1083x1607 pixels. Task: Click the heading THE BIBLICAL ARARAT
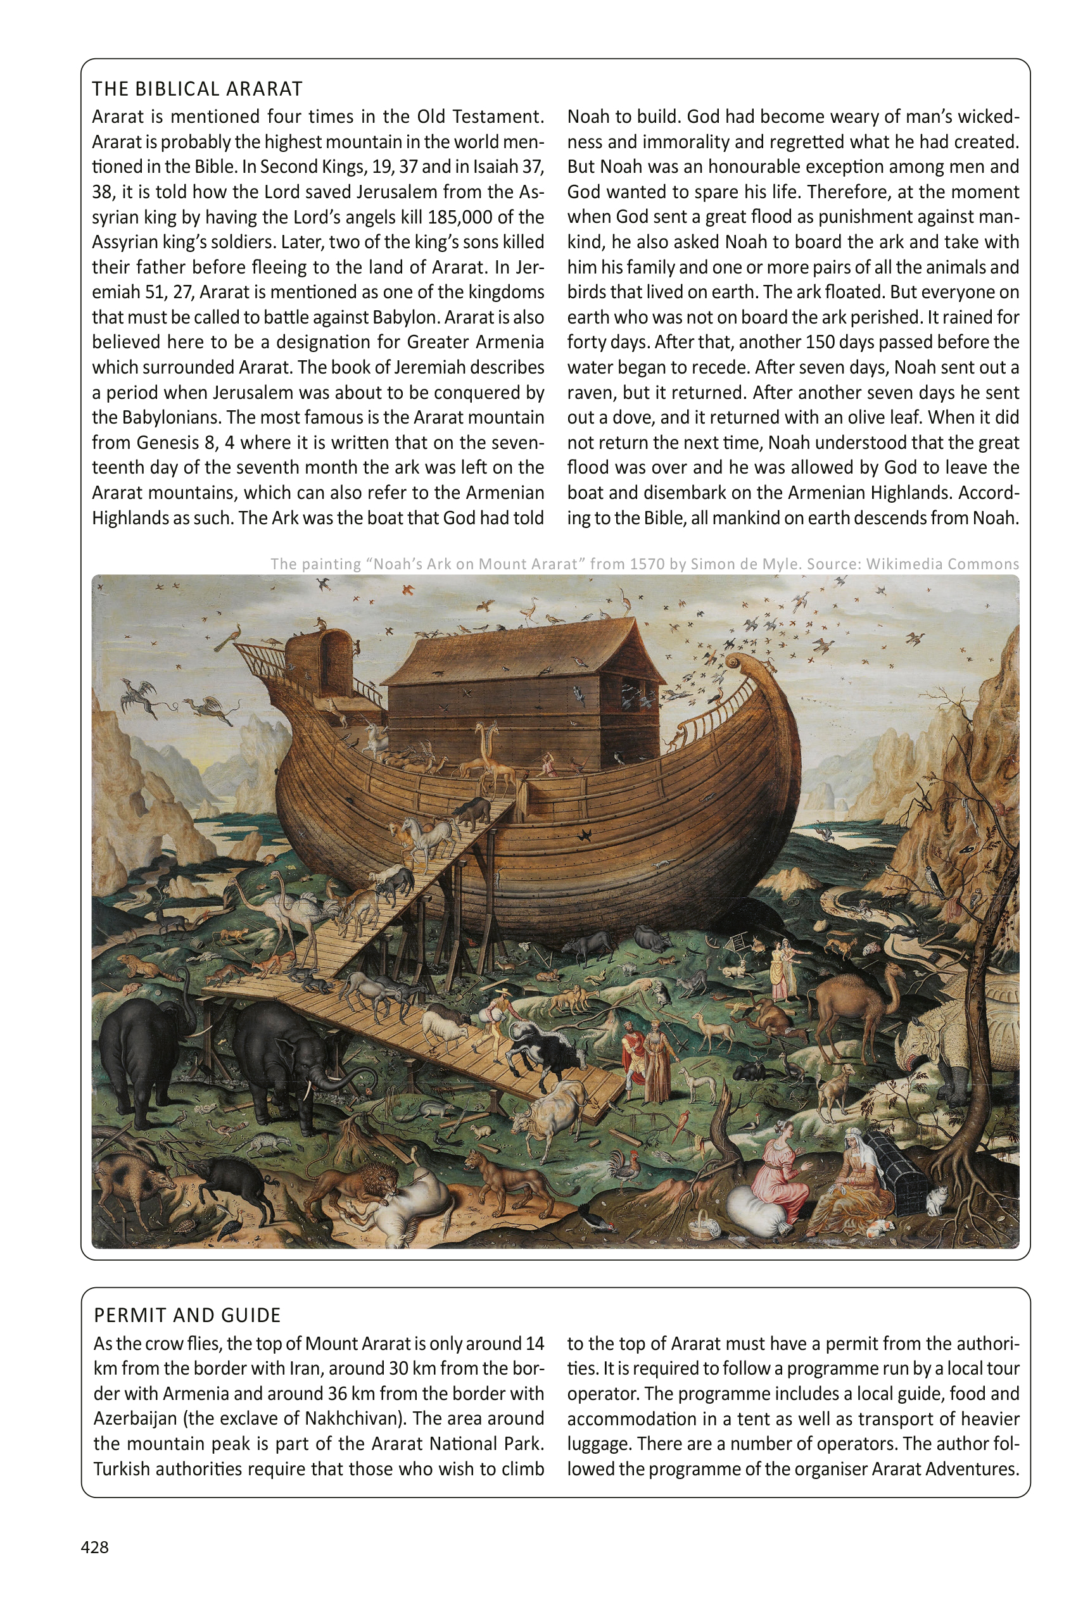tap(197, 89)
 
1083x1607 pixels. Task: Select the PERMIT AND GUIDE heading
tap(187, 1315)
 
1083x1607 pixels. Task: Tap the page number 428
tap(94, 1547)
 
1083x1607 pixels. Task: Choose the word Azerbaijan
tap(136, 1418)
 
